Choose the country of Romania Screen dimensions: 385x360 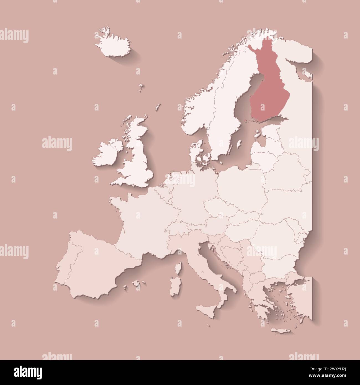tap(274, 233)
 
